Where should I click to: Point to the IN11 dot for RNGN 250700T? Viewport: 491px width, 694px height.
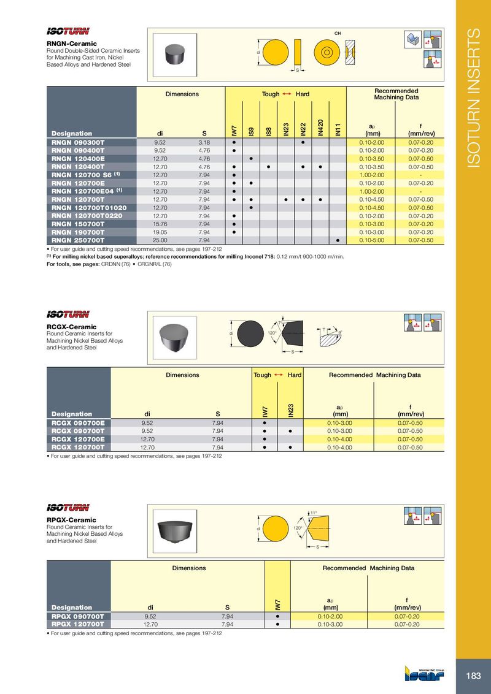(x=338, y=240)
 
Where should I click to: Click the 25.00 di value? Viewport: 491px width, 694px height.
(x=160, y=240)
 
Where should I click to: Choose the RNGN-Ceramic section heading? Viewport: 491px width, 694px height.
(x=72, y=44)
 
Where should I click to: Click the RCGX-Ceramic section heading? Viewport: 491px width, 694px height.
(x=72, y=327)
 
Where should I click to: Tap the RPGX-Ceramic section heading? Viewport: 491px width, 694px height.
(x=72, y=520)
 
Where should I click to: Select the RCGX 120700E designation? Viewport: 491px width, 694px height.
(x=78, y=439)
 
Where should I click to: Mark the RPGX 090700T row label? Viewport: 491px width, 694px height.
(x=78, y=616)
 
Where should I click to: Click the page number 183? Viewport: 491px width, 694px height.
(x=473, y=676)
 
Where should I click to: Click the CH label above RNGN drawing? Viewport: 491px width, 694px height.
(x=337, y=32)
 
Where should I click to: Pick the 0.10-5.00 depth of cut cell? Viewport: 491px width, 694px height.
(x=372, y=240)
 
